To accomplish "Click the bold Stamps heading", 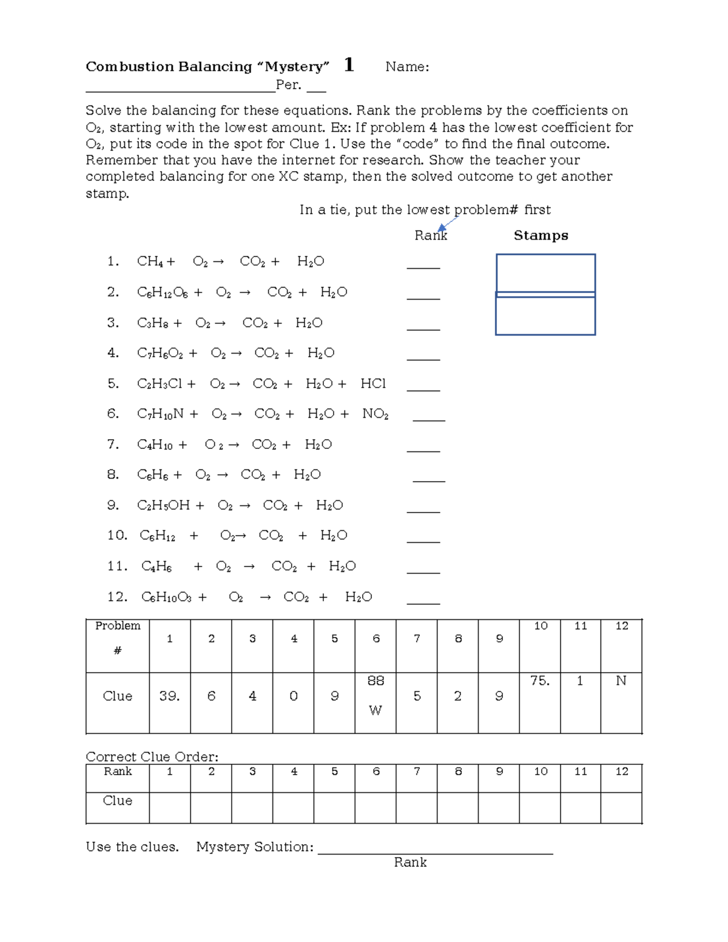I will pos(541,235).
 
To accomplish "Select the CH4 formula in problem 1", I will pos(150,261).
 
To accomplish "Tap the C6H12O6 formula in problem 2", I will pos(162,292).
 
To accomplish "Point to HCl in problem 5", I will pos(373,383).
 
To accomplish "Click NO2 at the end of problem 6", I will pos(376,414).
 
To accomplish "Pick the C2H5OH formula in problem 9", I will pos(163,505).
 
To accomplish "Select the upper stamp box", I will pos(545,273).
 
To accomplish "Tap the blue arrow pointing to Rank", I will pos(447,223).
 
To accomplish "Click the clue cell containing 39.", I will pos(170,702).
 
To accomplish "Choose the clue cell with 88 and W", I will pos(376,702).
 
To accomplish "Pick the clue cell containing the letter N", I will pos(621,702).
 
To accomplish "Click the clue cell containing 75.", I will pos(540,702).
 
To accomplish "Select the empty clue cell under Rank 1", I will pos(170,807).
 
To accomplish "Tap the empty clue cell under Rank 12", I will pos(621,807).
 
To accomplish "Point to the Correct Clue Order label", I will pos(152,756).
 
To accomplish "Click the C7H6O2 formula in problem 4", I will pos(160,353).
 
